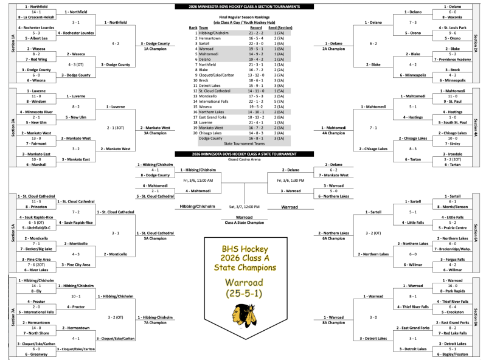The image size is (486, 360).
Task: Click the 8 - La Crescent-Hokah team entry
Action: tap(30, 17)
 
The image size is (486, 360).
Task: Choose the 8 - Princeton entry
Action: tap(30, 206)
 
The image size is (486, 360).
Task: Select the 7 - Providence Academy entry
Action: tap(453, 60)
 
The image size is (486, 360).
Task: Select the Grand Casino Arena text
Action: tap(243, 159)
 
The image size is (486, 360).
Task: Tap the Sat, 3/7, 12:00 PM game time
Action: tap(243, 207)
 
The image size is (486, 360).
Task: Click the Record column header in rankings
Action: tap(256, 27)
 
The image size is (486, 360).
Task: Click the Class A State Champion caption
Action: tap(243, 222)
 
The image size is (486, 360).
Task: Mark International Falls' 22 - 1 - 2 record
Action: tap(256, 101)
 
